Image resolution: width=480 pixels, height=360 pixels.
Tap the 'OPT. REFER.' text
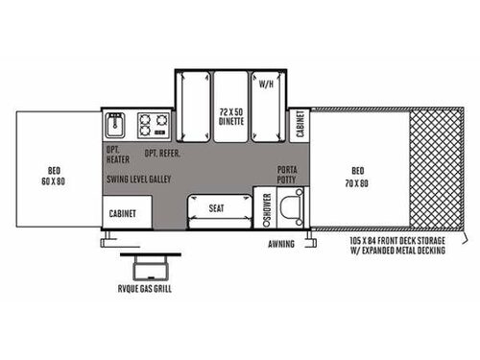tap(163, 154)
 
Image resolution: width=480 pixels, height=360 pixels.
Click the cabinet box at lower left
tap(126, 213)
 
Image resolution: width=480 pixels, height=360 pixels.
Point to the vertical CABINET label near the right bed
tap(299, 126)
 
